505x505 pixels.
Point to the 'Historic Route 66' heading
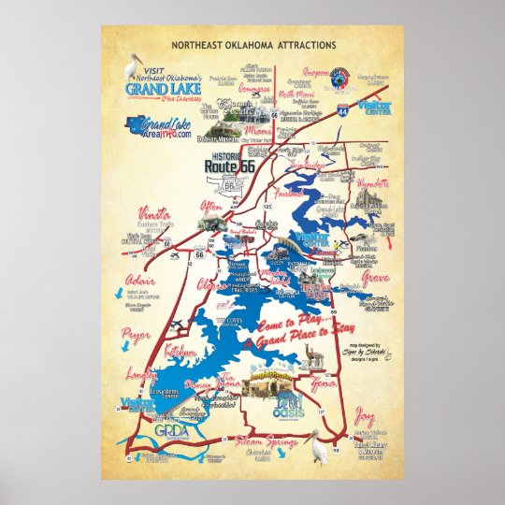click(x=229, y=161)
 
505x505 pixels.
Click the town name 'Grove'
click(x=376, y=277)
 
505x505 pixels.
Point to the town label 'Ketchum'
click(x=181, y=352)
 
